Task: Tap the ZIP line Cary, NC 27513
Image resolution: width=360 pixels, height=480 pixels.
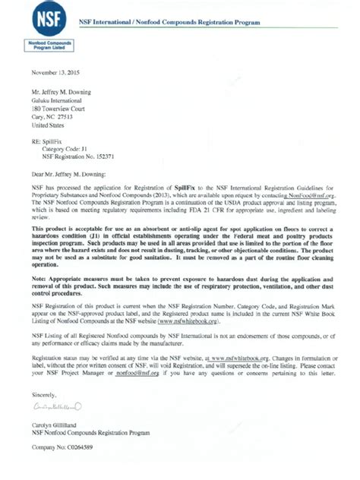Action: point(55,119)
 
